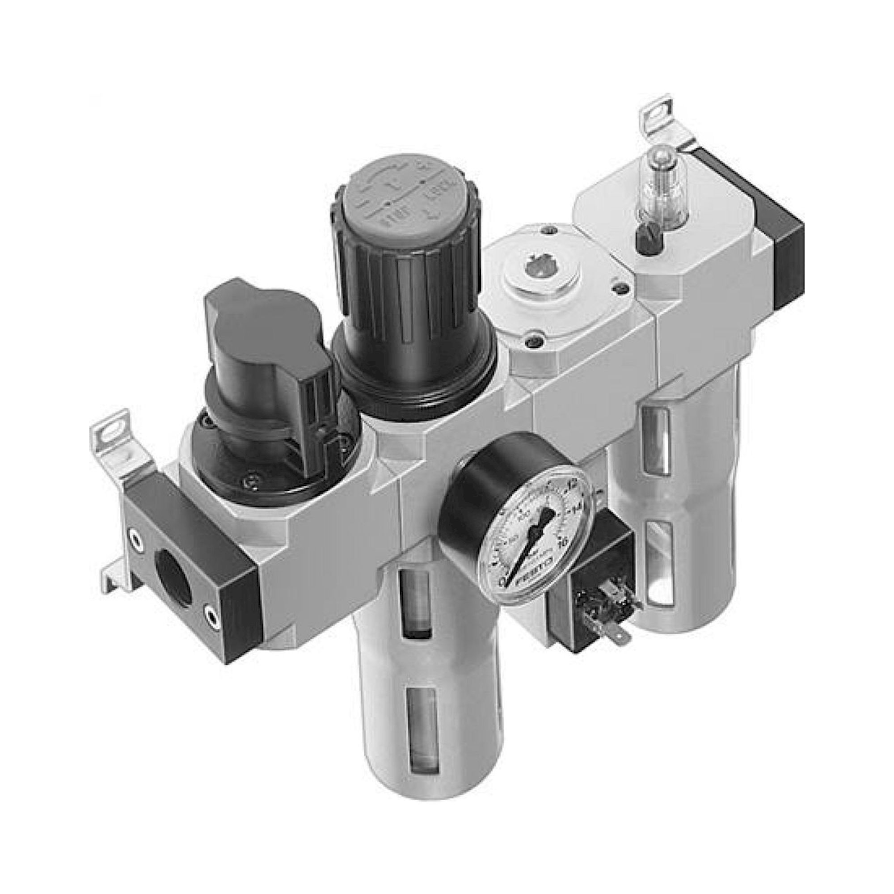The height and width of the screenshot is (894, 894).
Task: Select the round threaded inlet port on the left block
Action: (x=174, y=576)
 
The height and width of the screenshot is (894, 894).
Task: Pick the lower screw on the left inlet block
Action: (x=211, y=616)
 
